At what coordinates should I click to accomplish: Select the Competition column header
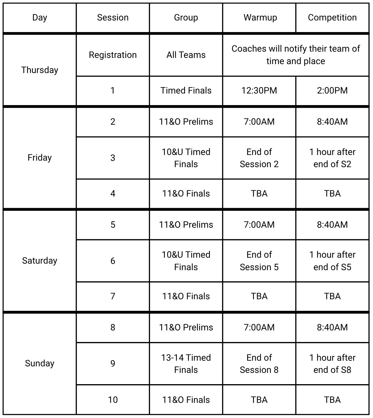[x=332, y=18]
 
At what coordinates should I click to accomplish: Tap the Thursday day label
[x=39, y=70]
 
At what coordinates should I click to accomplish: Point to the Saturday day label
[x=39, y=261]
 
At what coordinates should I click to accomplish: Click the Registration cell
[x=113, y=55]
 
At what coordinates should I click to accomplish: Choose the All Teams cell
[x=186, y=55]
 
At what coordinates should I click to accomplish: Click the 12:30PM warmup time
[x=259, y=91]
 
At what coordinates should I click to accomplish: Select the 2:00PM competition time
[x=332, y=91]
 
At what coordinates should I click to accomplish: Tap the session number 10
[x=113, y=400]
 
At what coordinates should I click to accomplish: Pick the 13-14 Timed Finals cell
[x=186, y=364]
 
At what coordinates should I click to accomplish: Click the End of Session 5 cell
[x=259, y=261]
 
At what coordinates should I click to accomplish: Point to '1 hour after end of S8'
[x=332, y=364]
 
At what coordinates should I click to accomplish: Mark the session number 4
[x=113, y=194]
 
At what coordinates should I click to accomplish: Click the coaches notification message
[x=296, y=55]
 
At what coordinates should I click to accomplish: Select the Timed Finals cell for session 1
[x=186, y=91]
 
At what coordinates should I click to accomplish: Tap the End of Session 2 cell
[x=259, y=158]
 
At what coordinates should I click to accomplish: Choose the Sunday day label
[x=39, y=363]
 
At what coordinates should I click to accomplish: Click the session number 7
[x=113, y=296]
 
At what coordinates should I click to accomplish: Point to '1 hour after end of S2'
[x=332, y=158]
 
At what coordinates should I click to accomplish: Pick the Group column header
[x=186, y=18]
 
